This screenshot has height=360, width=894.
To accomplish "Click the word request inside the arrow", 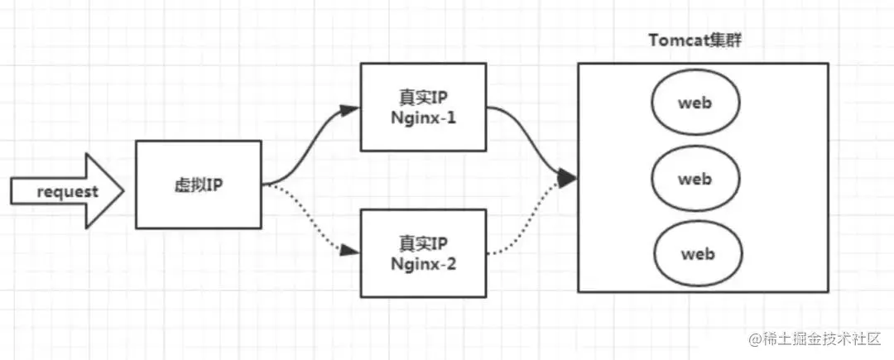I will [x=68, y=192].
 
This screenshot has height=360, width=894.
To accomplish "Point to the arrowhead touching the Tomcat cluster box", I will [x=568, y=177].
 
